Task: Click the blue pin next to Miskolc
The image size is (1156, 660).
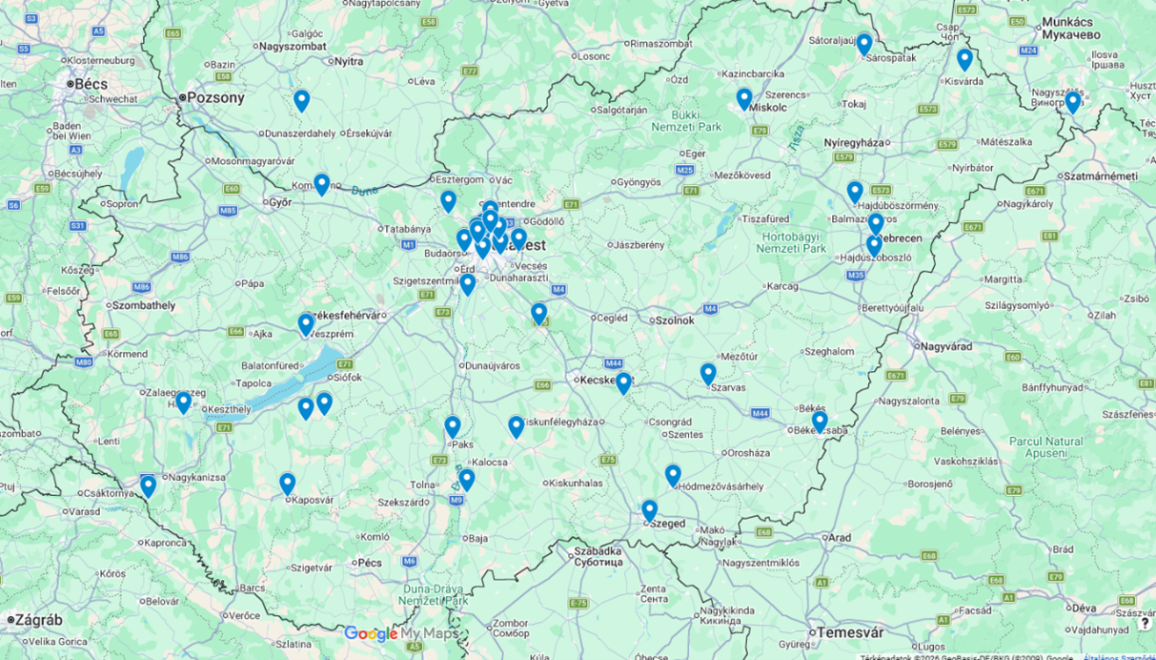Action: pos(744,97)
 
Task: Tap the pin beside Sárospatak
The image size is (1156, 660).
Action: pos(864,43)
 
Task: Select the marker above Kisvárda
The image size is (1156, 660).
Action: pos(964,58)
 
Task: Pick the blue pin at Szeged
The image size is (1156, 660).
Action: pos(649,509)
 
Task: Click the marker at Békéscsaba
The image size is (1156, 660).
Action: pos(820,420)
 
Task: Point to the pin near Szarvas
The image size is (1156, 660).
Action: pos(708,373)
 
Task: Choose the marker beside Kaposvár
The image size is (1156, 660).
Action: pos(287,483)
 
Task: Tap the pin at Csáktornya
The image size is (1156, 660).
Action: pos(148,485)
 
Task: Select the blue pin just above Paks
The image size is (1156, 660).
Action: pos(453,425)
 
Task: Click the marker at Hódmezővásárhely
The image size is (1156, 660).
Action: pos(673,474)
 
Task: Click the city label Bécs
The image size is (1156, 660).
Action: pos(91,84)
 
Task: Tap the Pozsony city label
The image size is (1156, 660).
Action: pos(215,97)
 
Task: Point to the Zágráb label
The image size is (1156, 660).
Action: pos(38,620)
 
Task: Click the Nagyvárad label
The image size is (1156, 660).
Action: pos(945,346)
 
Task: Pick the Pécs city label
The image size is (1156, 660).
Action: pos(369,563)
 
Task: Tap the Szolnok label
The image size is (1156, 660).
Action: pos(674,320)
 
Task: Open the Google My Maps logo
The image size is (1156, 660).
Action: pos(401,633)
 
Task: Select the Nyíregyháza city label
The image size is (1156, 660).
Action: pos(854,143)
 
